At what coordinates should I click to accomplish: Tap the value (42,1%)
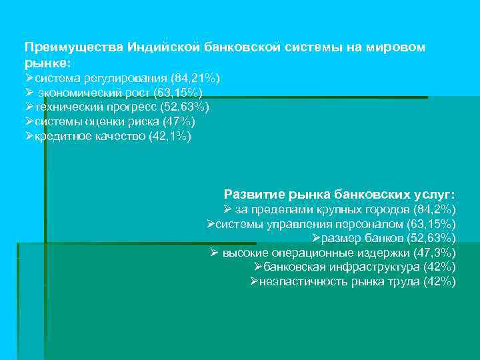170,136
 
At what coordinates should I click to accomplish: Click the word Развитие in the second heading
253,195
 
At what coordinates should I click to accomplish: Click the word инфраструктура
376,267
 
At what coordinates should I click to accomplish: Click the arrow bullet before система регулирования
29,78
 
